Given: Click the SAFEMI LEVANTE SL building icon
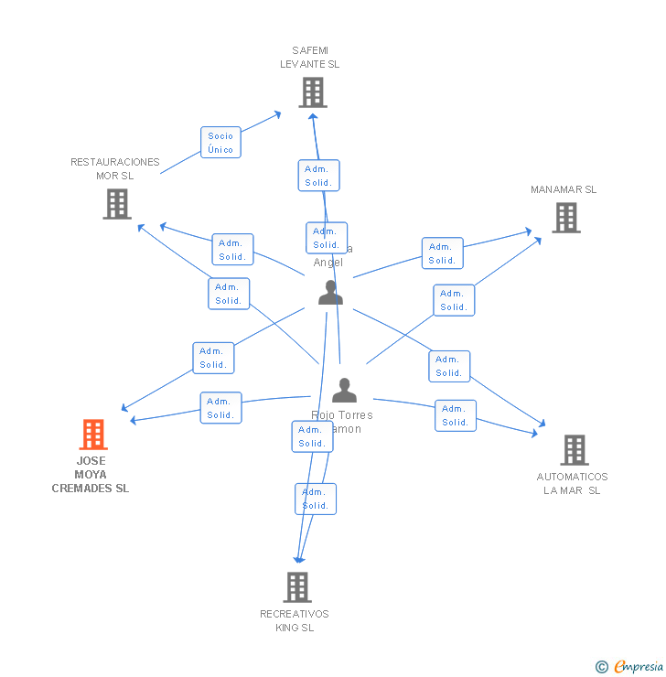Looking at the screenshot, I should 312,91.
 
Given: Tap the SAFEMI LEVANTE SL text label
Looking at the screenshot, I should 309,58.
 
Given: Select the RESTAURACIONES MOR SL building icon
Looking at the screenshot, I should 117,203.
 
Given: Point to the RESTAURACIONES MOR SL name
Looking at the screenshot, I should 114,168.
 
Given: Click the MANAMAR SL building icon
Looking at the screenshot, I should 566,217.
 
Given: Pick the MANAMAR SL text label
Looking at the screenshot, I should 563,189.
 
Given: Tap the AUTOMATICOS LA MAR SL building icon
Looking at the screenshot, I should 575,449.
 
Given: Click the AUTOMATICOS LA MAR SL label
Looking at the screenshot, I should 572,483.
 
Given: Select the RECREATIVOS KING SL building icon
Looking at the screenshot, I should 297,586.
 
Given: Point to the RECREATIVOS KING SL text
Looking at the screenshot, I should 295,620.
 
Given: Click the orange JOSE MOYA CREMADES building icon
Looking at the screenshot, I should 93,434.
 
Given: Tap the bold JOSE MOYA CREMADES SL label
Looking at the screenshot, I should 91,474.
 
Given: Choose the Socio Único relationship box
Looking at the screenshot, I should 220,143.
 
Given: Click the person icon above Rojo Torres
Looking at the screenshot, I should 344,391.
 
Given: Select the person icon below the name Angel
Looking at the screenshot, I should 330,293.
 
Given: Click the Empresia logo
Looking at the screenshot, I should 638,666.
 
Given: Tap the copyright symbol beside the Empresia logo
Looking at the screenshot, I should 601,667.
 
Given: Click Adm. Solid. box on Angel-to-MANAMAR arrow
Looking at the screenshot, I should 442,253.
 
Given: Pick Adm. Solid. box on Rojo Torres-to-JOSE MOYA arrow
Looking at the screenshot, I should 220,408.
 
